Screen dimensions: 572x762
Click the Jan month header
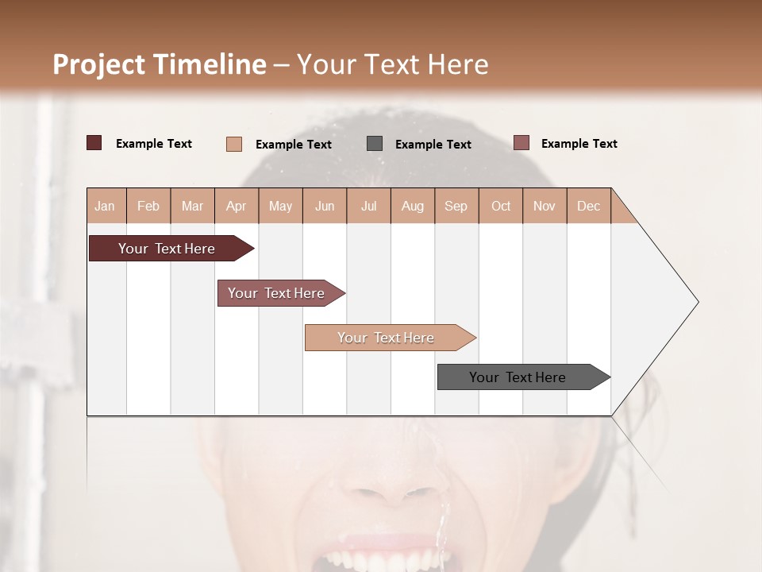tap(106, 206)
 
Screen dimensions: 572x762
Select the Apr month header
tap(237, 206)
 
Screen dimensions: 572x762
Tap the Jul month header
tap(368, 206)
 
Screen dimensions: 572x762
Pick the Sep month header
tap(456, 206)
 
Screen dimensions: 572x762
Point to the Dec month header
tap(588, 206)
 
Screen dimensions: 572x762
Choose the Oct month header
tap(501, 206)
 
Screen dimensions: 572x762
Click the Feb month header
tap(148, 206)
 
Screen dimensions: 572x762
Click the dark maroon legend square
tap(94, 143)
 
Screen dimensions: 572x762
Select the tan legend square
tap(234, 144)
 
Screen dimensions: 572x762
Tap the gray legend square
tap(375, 143)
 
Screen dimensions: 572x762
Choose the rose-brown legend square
tap(521, 143)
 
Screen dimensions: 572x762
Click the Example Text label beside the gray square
tap(433, 144)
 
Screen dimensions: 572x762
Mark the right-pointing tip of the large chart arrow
tap(696, 302)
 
